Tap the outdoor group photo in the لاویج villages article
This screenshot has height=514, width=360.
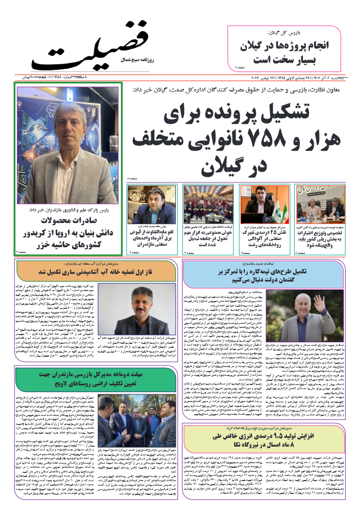[x=136, y=420]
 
